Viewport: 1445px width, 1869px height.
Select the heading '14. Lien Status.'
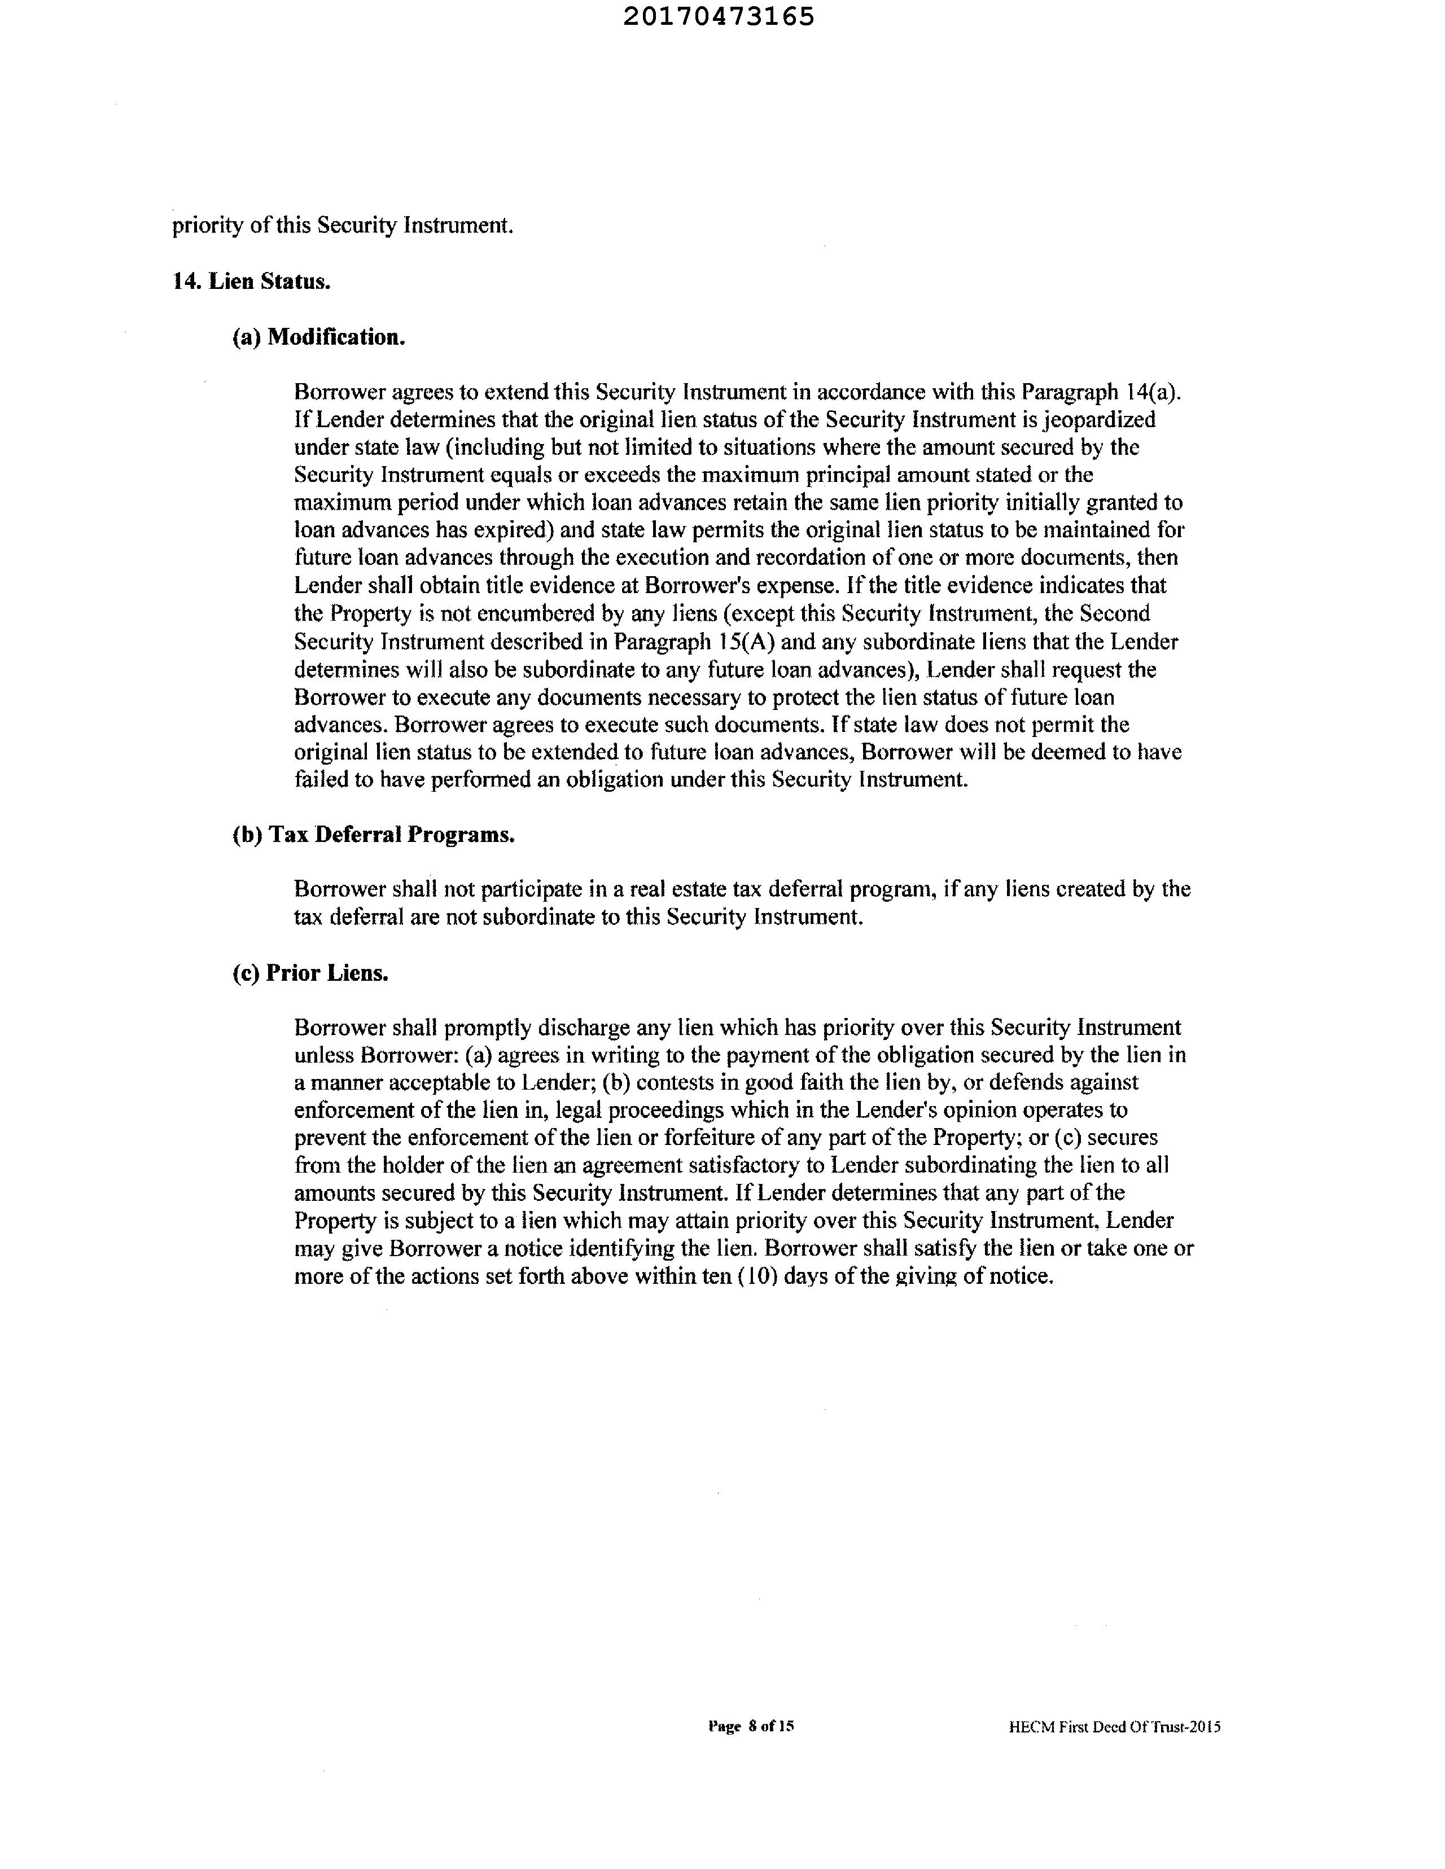point(252,282)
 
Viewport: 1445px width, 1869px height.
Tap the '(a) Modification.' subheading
point(318,337)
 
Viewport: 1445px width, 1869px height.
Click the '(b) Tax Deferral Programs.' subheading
point(373,835)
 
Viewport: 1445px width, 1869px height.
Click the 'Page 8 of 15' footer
point(751,1726)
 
